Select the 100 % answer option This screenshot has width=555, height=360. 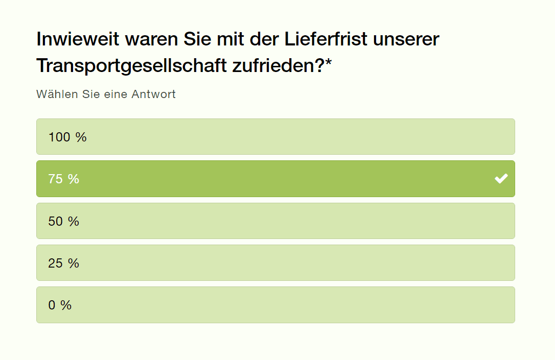(x=275, y=137)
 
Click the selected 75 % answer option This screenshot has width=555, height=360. (x=275, y=179)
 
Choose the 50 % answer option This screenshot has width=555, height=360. (x=275, y=221)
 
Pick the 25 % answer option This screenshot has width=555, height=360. (x=275, y=263)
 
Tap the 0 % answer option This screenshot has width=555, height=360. (x=275, y=305)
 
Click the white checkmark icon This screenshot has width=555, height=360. (x=501, y=179)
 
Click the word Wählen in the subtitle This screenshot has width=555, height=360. (x=57, y=94)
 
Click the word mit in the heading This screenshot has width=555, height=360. (x=232, y=39)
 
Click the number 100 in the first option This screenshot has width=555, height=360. (x=59, y=137)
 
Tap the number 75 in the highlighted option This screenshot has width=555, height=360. (x=55, y=179)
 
